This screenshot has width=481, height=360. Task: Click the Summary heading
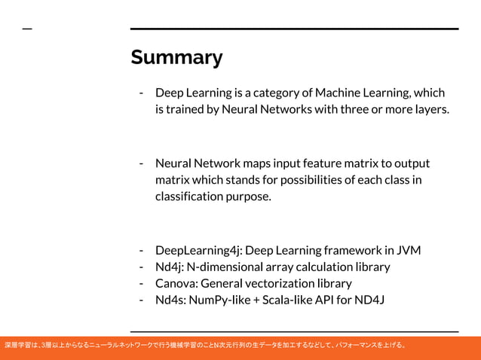[x=176, y=58]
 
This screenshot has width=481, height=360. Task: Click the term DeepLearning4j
[x=198, y=250]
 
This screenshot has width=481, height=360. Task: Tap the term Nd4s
[x=170, y=300]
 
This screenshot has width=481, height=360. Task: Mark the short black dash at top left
[x=27, y=29]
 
